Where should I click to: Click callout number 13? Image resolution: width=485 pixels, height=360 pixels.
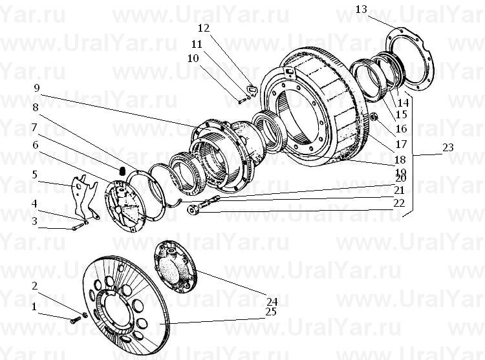tap(361, 9)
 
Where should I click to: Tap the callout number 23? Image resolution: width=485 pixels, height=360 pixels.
tap(447, 147)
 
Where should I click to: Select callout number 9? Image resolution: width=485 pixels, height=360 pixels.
tap(37, 88)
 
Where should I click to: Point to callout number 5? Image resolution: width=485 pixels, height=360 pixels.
tap(35, 175)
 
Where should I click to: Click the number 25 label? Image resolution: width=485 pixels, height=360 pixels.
tap(271, 312)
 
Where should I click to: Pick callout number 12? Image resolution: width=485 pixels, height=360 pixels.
tap(204, 28)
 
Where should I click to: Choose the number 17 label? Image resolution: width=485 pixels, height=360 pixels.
tap(401, 144)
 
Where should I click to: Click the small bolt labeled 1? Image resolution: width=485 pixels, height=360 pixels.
tap(76, 321)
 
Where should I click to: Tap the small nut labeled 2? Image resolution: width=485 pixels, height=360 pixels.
tap(84, 315)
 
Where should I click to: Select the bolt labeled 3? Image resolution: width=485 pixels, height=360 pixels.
tap(78, 228)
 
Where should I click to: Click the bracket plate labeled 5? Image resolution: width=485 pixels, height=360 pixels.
tap(84, 196)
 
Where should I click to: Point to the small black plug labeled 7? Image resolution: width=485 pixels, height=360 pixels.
tap(122, 170)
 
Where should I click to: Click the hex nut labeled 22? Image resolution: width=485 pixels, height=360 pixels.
tap(193, 211)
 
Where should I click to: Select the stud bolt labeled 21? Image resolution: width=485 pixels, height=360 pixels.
tap(209, 201)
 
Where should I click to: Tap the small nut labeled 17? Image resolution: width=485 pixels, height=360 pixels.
tap(374, 117)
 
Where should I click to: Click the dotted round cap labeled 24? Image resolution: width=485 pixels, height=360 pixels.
tap(175, 267)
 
